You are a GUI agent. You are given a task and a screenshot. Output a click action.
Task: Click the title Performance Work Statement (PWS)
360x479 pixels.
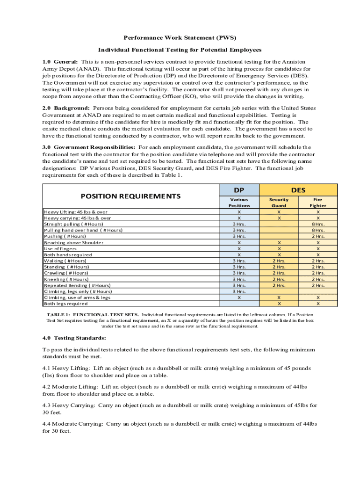pos(180,37)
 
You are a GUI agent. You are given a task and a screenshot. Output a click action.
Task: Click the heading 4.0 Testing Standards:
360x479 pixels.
pos(74,338)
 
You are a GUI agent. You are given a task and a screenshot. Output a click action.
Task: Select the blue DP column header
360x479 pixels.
pos(239,190)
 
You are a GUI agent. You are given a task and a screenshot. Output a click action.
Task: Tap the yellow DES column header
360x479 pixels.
pos(298,190)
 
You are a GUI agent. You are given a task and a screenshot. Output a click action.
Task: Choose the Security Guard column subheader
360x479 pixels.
pos(279,203)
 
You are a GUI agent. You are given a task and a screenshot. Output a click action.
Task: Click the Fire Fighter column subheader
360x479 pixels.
pos(318,203)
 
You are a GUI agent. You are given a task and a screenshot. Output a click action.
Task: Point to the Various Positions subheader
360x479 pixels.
pos(239,203)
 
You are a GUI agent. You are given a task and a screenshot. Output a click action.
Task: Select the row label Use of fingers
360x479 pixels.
pos(61,249)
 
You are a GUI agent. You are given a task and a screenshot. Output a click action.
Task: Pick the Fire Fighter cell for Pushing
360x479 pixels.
pos(318,237)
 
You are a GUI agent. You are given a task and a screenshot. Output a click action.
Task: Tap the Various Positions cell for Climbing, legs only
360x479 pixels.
pos(239,291)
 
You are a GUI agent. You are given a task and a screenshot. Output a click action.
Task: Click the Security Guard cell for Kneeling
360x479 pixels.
pos(279,279)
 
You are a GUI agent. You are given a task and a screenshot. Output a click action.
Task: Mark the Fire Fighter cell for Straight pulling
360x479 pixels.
pos(318,224)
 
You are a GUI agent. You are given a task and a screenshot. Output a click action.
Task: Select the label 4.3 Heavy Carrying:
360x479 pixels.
pos(69,406)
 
